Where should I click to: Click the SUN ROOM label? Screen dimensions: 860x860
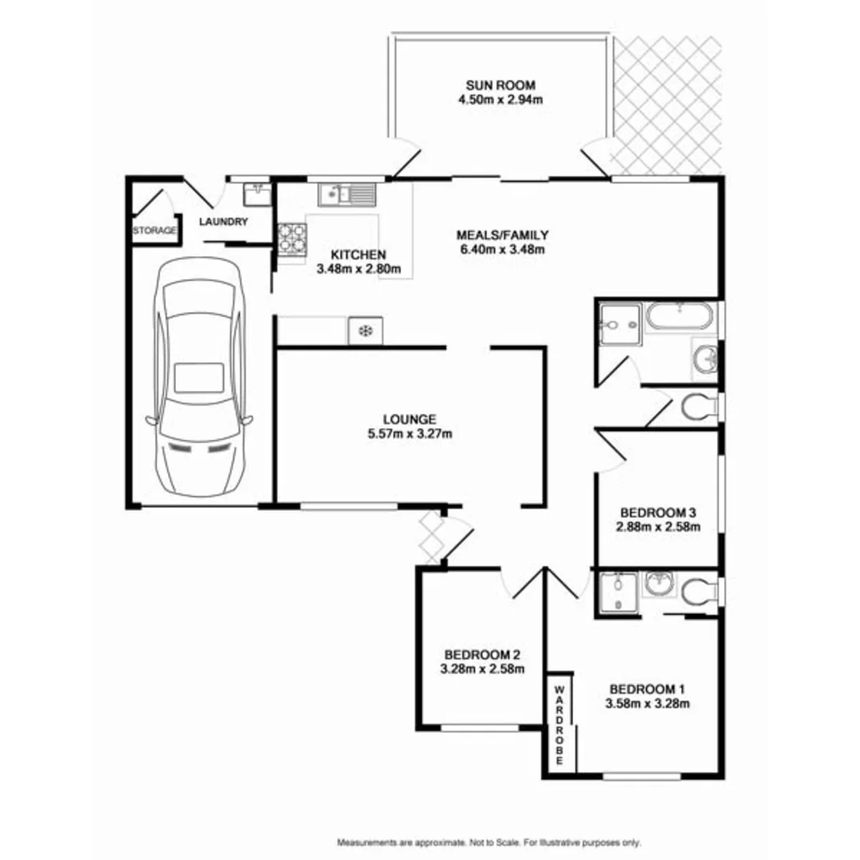point(500,85)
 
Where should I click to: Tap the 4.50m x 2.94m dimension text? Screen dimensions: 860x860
point(500,100)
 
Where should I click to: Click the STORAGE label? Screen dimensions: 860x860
point(154,231)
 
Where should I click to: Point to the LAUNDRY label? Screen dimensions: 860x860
point(224,222)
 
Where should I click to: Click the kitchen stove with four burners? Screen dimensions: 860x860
point(291,240)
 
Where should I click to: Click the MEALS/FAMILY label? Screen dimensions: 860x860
point(502,235)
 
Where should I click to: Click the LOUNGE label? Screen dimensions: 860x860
point(409,419)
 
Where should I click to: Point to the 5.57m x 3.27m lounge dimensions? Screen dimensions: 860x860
point(409,434)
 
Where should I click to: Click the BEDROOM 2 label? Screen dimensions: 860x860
point(483,654)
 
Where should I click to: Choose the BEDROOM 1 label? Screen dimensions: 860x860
point(647,689)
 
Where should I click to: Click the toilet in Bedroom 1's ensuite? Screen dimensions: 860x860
point(697,591)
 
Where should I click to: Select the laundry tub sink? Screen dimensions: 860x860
point(256,193)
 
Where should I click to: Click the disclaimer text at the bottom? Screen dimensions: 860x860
point(489,842)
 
